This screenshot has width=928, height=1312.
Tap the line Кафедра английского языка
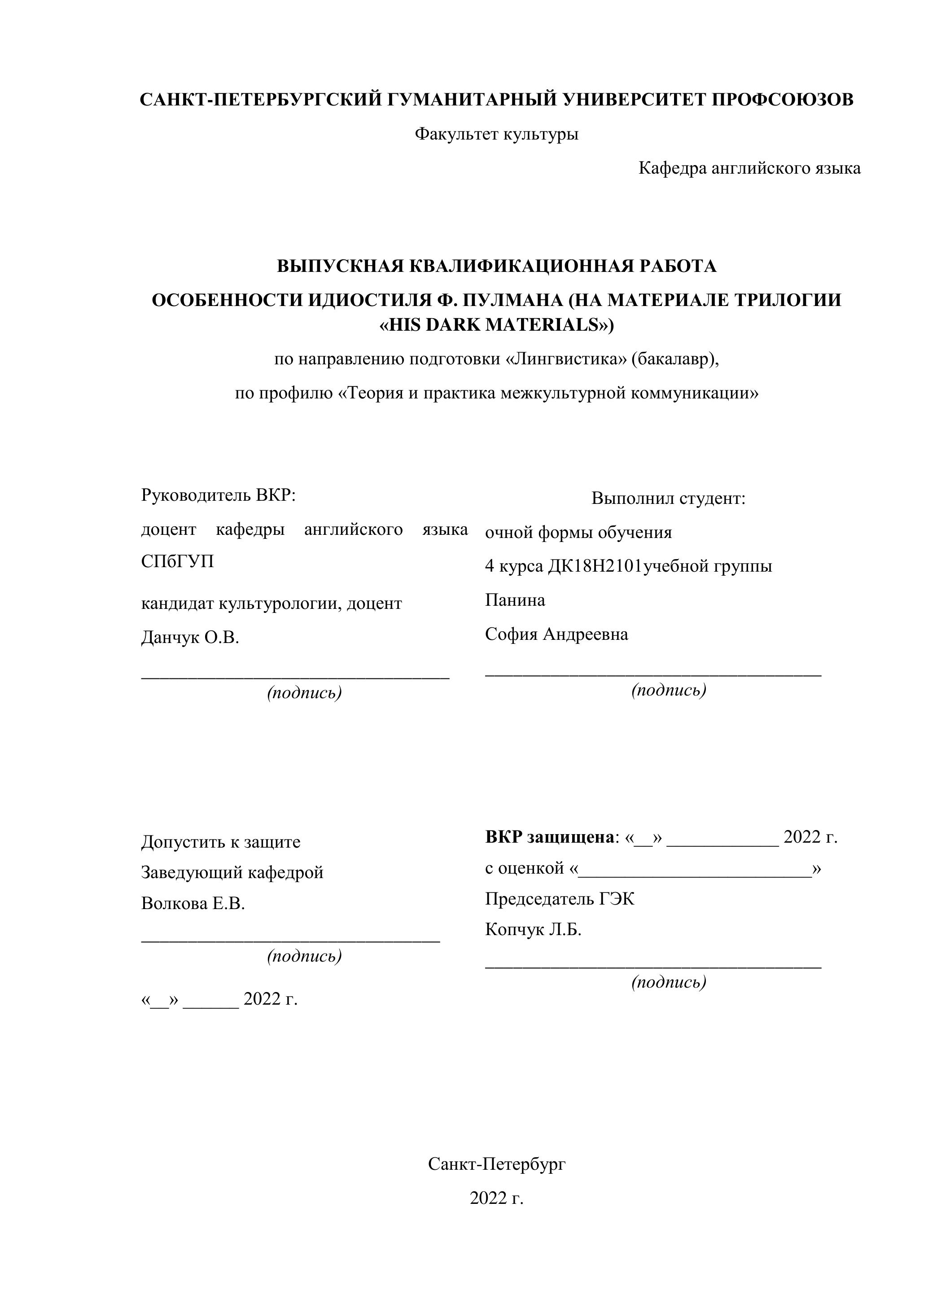(x=749, y=169)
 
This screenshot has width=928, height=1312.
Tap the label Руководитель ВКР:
(x=218, y=495)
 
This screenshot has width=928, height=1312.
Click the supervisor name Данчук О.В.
(x=190, y=638)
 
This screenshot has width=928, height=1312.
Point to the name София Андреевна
(x=556, y=634)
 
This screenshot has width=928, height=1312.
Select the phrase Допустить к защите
(x=221, y=842)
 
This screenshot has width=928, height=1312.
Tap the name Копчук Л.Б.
(x=533, y=930)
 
